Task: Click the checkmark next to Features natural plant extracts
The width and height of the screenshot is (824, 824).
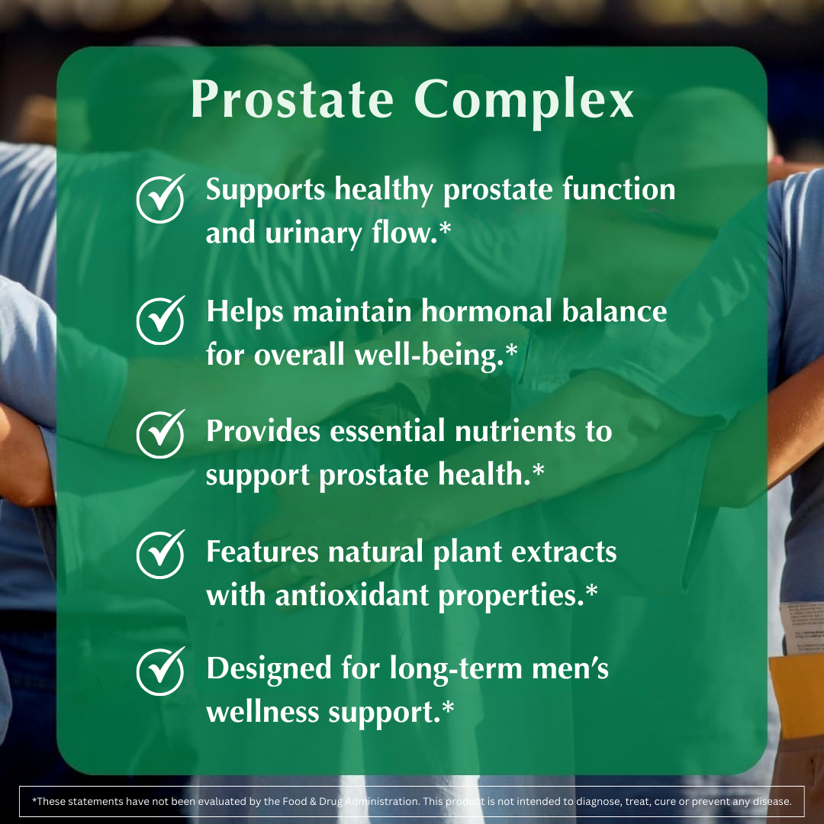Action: click(x=160, y=555)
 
